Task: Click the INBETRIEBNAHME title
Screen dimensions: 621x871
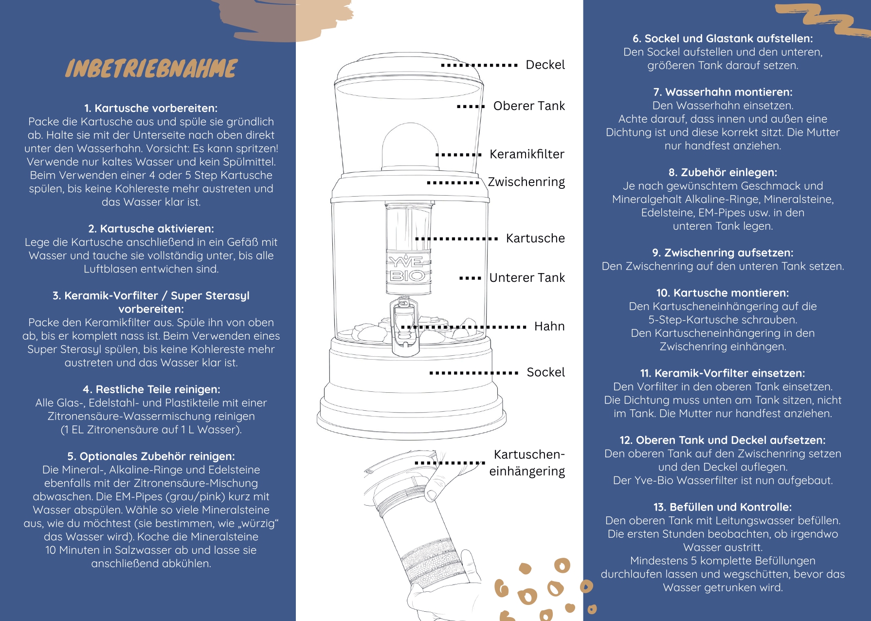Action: click(x=151, y=69)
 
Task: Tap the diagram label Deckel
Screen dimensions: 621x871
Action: click(x=545, y=65)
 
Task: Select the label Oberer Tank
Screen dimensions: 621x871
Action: click(x=529, y=106)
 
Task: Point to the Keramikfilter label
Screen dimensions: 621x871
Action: click(x=527, y=154)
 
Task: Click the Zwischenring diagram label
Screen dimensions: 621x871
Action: click(x=526, y=182)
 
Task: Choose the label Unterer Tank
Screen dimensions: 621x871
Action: click(x=527, y=278)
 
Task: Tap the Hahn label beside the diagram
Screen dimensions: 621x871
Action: click(x=549, y=327)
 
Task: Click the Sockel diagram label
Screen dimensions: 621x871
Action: click(x=545, y=372)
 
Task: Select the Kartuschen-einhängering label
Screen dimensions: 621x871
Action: click(x=527, y=463)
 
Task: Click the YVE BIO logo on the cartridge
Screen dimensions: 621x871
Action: click(x=408, y=269)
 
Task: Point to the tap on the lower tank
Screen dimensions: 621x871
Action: click(x=404, y=326)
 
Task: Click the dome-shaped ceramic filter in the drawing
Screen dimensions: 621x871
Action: click(x=410, y=146)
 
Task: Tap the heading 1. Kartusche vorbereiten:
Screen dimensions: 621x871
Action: click(x=151, y=108)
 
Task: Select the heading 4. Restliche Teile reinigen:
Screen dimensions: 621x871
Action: click(x=151, y=389)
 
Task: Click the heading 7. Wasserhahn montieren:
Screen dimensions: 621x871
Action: click(x=723, y=92)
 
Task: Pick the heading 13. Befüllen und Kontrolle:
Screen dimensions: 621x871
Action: click(x=723, y=507)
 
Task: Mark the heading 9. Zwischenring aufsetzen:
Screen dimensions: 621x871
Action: click(x=723, y=253)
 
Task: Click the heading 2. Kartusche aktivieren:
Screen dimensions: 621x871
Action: click(x=151, y=229)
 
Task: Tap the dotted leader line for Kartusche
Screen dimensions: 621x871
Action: click(x=456, y=239)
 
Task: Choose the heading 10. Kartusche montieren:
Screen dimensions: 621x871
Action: click(x=723, y=293)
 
